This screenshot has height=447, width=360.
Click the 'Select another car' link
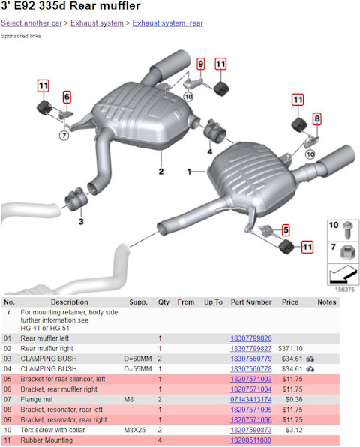tap(31, 22)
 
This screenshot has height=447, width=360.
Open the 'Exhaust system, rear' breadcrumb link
tap(167, 22)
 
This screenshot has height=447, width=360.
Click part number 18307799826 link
tap(251, 338)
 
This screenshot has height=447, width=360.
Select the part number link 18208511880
tap(250, 439)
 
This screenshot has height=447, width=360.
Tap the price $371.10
tap(290, 348)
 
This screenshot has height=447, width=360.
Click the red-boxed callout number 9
tap(201, 64)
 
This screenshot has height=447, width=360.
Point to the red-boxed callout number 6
tap(67, 97)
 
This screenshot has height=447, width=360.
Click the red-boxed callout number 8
tap(317, 118)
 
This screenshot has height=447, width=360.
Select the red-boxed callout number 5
tap(286, 230)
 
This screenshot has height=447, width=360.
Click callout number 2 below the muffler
tap(161, 172)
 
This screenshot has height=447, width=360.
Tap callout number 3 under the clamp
tap(81, 221)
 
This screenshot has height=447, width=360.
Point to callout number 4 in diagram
tap(210, 151)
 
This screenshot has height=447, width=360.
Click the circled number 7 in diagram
tap(64, 136)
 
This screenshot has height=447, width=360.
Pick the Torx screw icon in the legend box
tap(348, 230)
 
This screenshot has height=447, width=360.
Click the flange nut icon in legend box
tap(348, 252)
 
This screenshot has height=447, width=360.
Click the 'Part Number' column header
tap(251, 302)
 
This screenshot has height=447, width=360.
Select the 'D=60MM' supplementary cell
tap(138, 358)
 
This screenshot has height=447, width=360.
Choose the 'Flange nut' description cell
tap(37, 399)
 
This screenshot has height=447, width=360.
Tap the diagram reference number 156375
tap(344, 289)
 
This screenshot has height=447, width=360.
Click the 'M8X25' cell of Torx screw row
tap(134, 430)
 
